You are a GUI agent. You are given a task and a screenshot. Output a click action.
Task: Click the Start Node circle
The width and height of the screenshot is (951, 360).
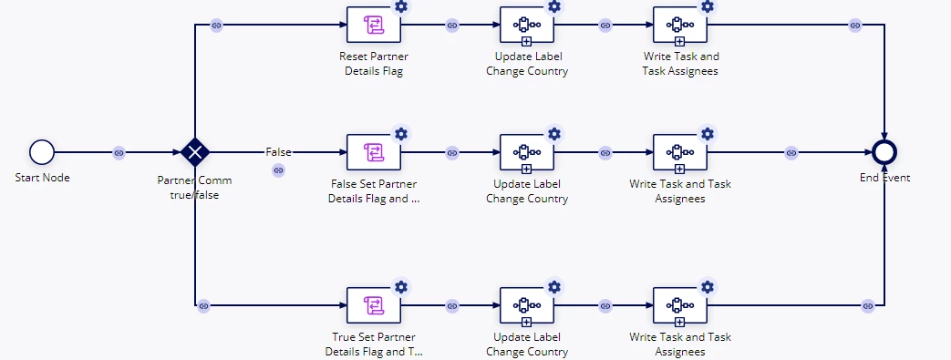[42, 152]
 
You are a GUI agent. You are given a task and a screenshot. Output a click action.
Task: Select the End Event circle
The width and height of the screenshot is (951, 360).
[884, 152]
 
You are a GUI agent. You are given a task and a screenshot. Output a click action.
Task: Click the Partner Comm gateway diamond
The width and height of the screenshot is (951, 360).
[195, 152]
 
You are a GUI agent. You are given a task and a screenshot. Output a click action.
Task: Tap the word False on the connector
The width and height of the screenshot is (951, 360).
[278, 152]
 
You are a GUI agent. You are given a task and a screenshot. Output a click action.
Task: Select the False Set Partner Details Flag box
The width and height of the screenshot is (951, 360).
[374, 152]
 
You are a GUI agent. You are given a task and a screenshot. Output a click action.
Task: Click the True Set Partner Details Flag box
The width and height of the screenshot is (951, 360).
[374, 305]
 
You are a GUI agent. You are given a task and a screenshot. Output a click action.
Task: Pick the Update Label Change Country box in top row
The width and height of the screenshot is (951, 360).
[527, 26]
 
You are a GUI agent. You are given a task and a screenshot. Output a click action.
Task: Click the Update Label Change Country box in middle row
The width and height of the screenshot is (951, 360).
[527, 152]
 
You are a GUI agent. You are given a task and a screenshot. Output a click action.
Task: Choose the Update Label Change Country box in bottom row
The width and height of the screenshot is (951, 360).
[527, 305]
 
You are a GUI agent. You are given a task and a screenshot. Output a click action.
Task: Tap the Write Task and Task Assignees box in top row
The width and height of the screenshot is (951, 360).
[680, 26]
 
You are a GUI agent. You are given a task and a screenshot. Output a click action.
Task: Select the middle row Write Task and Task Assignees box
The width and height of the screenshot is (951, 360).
[680, 152]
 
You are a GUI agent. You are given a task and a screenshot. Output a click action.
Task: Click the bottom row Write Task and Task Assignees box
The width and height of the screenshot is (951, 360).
[680, 305]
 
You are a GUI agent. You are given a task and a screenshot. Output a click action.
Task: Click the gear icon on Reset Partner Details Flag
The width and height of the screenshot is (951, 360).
[401, 6]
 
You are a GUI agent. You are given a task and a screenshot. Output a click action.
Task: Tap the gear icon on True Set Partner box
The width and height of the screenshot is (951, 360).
[401, 287]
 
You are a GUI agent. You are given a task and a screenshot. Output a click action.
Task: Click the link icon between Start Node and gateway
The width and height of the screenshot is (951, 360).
[119, 153]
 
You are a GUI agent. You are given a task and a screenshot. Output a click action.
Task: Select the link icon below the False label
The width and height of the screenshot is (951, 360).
[278, 171]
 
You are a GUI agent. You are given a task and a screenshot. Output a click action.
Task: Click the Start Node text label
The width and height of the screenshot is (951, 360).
[43, 178]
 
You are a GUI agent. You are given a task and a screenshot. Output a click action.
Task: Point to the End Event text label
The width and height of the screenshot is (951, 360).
[884, 178]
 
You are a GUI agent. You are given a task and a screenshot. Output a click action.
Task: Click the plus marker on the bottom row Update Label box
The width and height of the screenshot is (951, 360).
[526, 322]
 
